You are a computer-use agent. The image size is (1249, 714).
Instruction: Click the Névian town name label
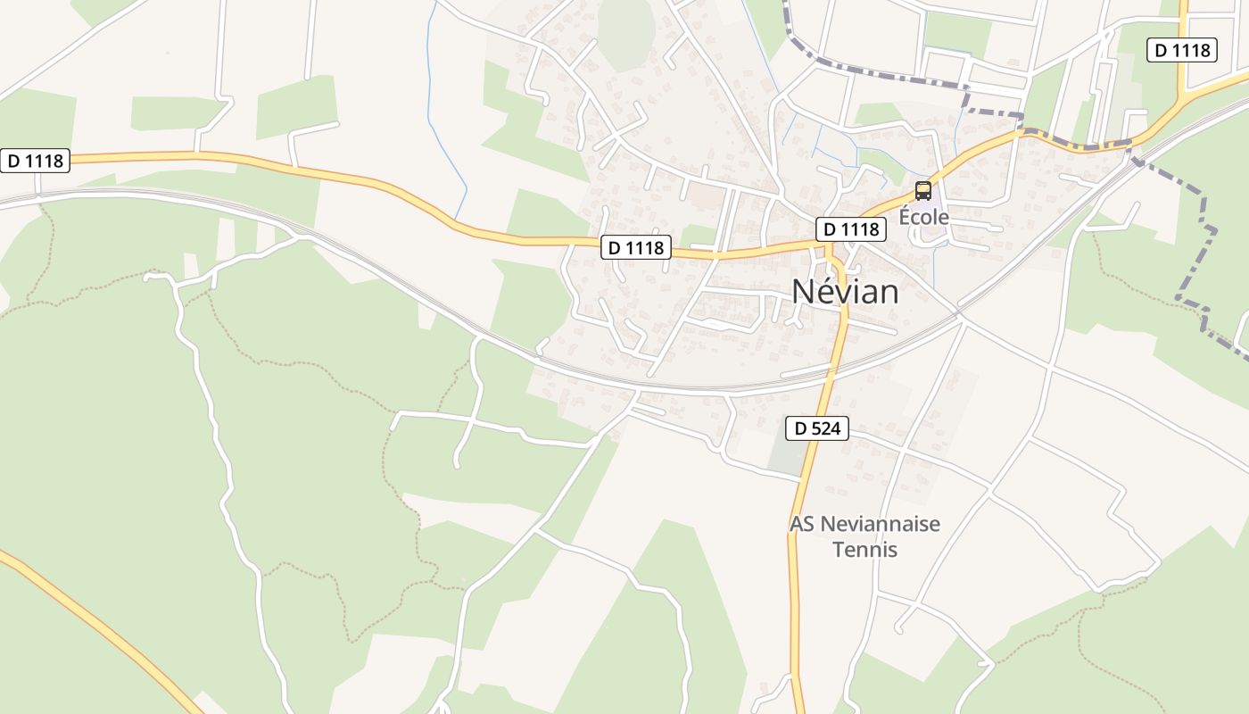pos(845,291)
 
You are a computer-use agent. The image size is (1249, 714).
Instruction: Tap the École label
pos(923,217)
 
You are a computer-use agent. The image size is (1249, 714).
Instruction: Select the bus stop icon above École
pos(923,191)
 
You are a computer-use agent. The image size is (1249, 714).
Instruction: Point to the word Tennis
pos(864,548)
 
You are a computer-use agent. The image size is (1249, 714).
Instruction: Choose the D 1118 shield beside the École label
pos(850,229)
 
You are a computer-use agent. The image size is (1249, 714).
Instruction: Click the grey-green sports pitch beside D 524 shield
pos(786,456)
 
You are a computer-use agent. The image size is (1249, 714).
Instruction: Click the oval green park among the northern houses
pos(627,31)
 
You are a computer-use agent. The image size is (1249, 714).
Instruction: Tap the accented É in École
pos(905,216)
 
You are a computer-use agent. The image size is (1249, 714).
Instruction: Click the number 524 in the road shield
pos(825,428)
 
